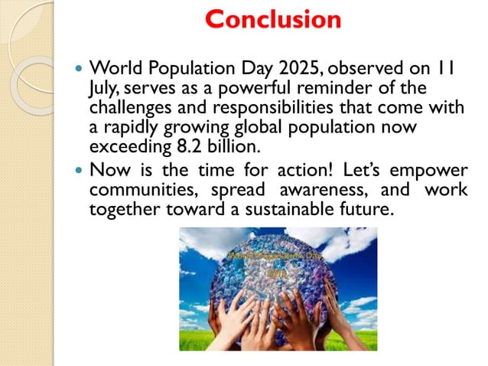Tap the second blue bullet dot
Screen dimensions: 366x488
coord(78,169)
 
